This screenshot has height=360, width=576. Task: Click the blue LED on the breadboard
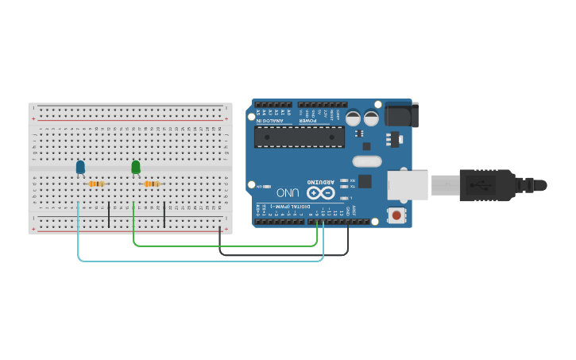coord(80,167)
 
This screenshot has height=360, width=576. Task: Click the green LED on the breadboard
coord(136,167)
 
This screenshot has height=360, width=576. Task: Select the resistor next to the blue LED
coord(96,184)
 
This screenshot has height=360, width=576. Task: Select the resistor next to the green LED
coord(151,184)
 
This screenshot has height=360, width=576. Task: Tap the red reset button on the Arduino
coord(396,215)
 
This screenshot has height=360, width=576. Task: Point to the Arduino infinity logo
coord(320,192)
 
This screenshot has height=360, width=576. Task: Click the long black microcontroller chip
coord(300,137)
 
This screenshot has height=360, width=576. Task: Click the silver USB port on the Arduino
coord(407,184)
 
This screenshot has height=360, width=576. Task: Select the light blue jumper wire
coord(199,260)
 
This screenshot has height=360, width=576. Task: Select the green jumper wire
coord(222,246)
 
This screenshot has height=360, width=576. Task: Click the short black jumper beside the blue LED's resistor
coord(109,214)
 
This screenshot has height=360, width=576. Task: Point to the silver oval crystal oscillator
coord(366,161)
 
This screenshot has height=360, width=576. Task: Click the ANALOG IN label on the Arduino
coord(271,121)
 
